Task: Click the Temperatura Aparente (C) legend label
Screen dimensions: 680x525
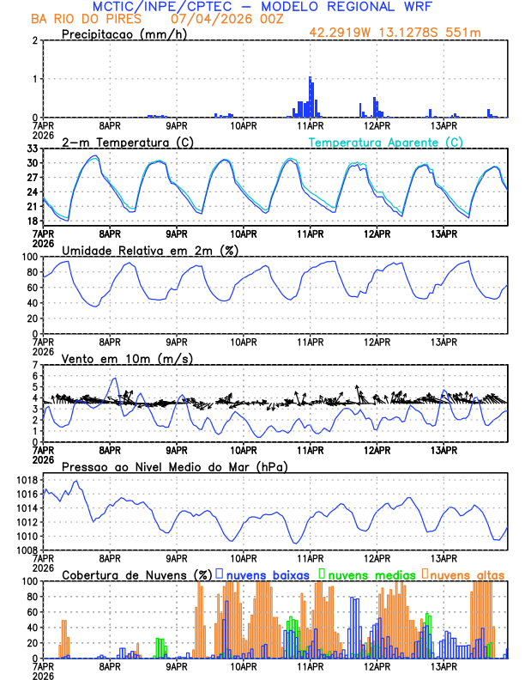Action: click(386, 142)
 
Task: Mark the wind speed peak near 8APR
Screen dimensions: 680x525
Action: click(112, 379)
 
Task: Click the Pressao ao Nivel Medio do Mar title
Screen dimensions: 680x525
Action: click(174, 466)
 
